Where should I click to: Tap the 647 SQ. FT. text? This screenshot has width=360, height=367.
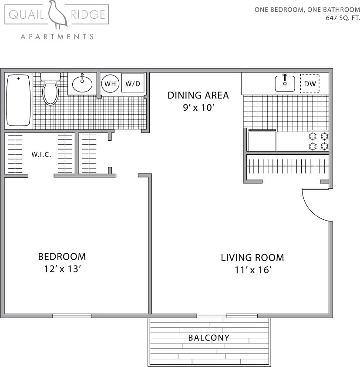point(343,18)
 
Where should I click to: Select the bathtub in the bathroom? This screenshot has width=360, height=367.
point(18,100)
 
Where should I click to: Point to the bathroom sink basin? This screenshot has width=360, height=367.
point(82,83)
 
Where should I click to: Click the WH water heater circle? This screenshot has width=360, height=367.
point(110,84)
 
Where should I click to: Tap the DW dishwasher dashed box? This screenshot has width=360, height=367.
point(310,84)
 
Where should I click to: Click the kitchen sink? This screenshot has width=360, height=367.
point(285,83)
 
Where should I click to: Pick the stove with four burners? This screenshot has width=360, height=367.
point(318,141)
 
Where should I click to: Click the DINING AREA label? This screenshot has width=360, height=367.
point(198,95)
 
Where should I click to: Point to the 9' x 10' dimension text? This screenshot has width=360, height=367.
point(198,108)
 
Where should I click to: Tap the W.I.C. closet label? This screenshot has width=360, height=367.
point(41,155)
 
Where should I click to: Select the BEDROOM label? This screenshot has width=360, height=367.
point(62,257)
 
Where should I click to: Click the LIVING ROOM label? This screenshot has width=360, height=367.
point(252,258)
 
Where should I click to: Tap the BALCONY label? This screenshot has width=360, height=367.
point(209,338)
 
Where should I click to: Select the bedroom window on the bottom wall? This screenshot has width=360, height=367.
point(72,316)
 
